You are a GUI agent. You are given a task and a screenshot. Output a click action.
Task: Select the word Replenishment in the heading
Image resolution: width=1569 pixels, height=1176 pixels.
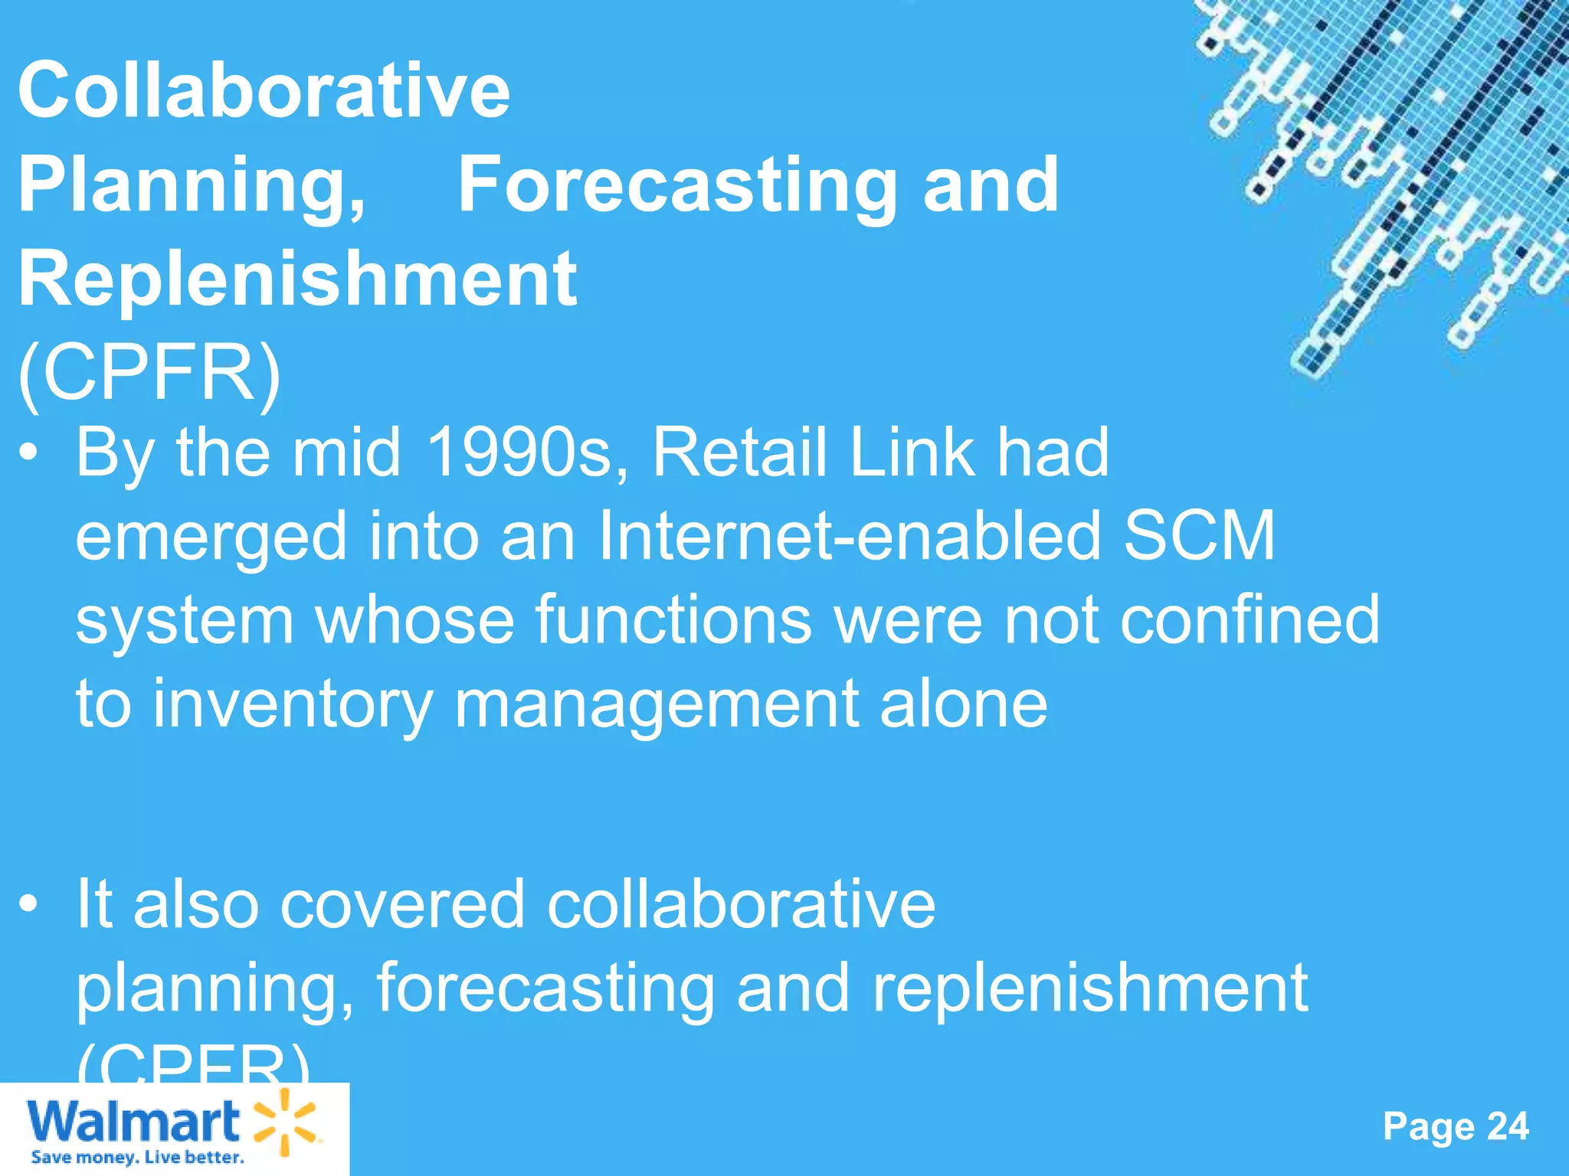point(297,279)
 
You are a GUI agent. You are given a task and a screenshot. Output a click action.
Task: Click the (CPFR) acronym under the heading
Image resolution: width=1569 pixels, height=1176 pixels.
point(150,373)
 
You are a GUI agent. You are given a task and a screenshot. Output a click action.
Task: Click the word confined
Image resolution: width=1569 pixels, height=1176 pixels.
point(1250,619)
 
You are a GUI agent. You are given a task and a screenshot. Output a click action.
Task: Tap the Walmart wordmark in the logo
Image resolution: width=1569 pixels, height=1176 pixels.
point(133,1122)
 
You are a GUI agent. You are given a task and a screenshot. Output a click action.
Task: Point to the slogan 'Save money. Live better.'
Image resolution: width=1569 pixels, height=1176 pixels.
point(138,1157)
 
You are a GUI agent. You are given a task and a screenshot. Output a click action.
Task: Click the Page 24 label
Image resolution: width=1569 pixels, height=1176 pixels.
point(1456,1126)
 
